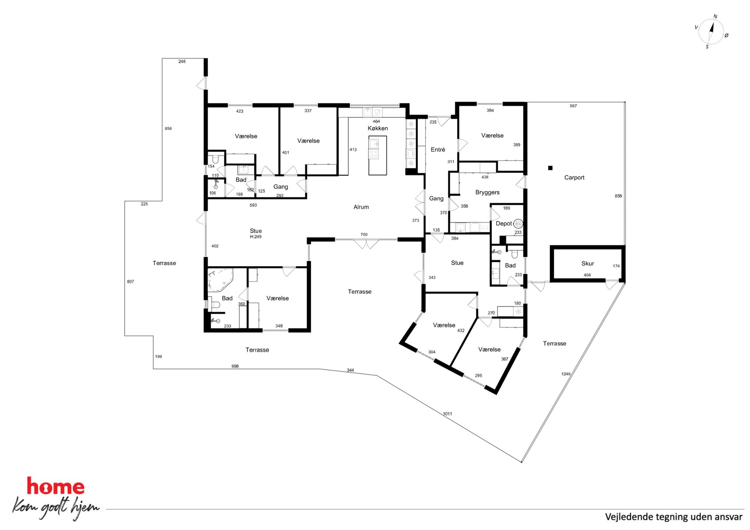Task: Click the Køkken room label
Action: [x=378, y=128]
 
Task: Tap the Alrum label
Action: [x=361, y=207]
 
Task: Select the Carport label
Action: [x=574, y=178]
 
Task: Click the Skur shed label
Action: [x=587, y=263]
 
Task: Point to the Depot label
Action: [x=504, y=224]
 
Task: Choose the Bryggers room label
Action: [x=487, y=192]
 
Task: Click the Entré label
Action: [x=438, y=150]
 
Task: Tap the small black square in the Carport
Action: [x=550, y=168]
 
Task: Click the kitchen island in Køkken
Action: [x=378, y=155]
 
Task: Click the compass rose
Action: [x=711, y=32]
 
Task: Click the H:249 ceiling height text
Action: [x=256, y=237]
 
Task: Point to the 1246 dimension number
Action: [x=566, y=374]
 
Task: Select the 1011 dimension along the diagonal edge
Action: [x=448, y=414]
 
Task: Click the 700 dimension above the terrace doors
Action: [x=364, y=235]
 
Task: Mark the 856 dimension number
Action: [x=168, y=128]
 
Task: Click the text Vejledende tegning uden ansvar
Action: [x=674, y=517]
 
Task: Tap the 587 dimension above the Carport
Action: [x=573, y=106]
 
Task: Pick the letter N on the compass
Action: [x=715, y=17]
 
